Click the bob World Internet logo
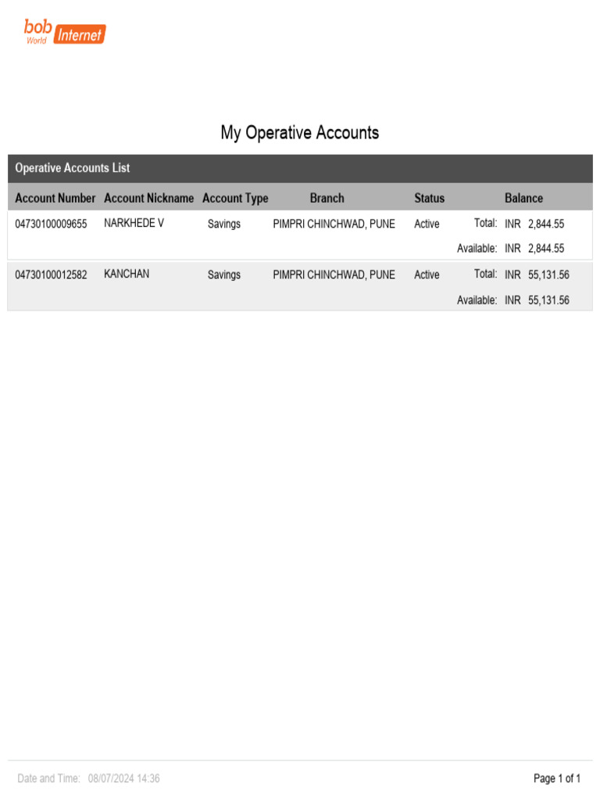point(65,32)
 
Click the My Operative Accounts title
point(300,133)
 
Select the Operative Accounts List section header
point(73,168)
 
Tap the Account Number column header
point(55,199)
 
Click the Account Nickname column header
point(148,199)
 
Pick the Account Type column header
point(235,199)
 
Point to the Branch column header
point(327,199)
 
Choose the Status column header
point(429,199)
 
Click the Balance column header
point(523,199)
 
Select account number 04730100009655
point(52,224)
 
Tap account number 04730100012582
point(52,275)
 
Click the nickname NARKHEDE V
point(134,223)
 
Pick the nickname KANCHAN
point(127,275)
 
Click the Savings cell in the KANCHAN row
point(224,275)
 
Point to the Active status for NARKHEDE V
point(427,224)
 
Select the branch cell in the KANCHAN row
point(334,275)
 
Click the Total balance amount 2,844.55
point(546,224)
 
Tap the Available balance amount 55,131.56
point(548,300)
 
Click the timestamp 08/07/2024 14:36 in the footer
point(124,778)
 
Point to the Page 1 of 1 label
point(557,778)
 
